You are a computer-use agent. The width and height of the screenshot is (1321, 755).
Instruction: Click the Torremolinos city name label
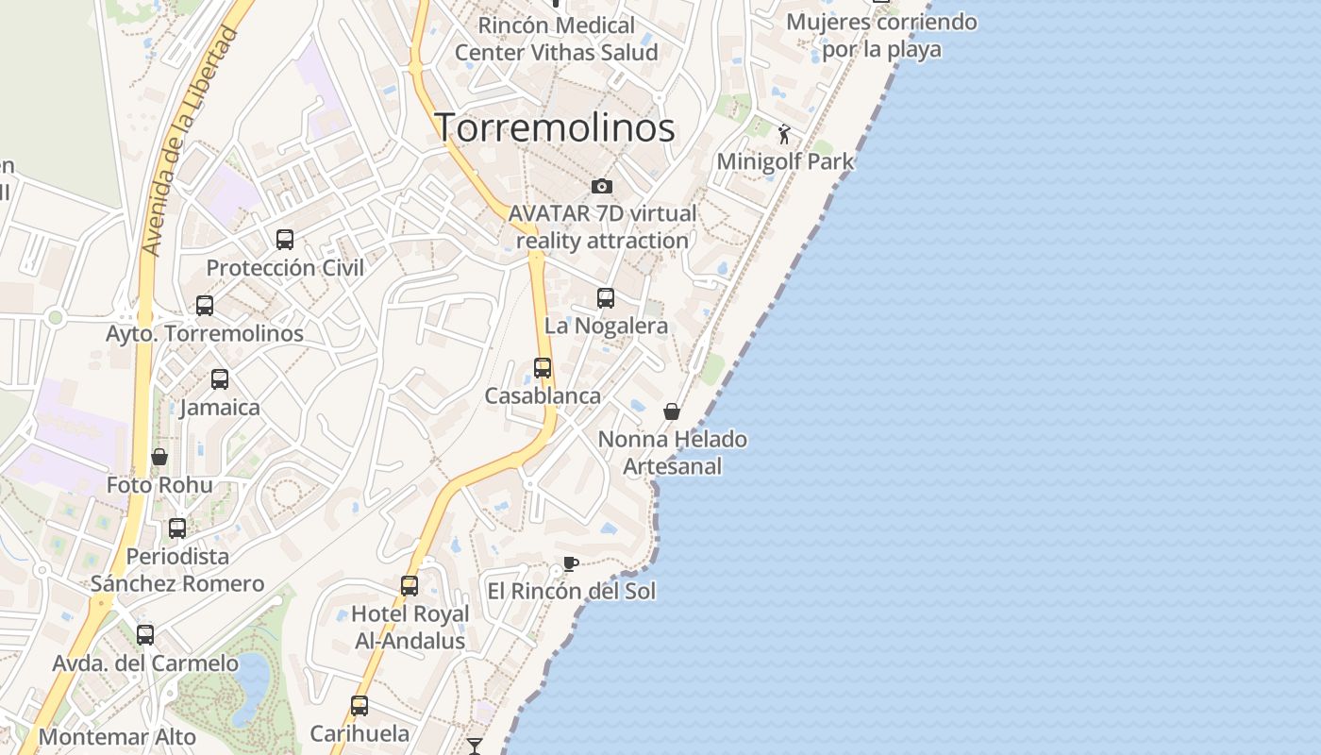click(555, 128)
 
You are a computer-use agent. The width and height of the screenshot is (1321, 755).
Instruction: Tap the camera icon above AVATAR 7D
click(602, 186)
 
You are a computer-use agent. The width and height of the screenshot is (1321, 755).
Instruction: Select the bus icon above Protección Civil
click(285, 240)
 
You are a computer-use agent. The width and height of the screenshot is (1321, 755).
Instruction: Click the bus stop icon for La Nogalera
click(606, 298)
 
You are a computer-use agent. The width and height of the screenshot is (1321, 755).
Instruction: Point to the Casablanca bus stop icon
click(543, 368)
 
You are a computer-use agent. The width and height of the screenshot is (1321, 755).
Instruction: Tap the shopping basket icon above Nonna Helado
click(672, 411)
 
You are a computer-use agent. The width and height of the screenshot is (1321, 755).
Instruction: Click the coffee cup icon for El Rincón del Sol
click(570, 564)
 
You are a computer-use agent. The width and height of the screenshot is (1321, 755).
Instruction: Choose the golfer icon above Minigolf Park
click(784, 135)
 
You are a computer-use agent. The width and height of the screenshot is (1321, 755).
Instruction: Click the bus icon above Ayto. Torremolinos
click(205, 306)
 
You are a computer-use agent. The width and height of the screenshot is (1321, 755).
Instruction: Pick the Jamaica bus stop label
click(220, 408)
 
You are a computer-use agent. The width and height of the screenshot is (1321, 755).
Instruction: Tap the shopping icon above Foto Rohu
click(159, 458)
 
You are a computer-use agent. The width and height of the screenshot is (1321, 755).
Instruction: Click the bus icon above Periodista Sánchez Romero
click(177, 528)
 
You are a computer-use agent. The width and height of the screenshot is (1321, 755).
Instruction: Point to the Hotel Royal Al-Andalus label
click(410, 628)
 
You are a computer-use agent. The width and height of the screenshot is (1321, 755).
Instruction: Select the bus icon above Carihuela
click(360, 706)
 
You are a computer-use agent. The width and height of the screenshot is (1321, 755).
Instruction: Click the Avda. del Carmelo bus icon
click(145, 635)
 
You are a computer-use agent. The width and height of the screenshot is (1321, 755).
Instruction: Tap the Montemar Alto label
click(118, 737)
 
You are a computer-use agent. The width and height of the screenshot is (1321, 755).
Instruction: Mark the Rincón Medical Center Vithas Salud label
click(557, 39)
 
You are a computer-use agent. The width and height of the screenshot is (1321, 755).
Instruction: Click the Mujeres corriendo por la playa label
click(881, 35)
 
